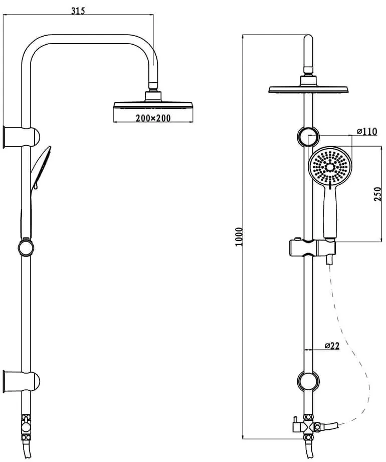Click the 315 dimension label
coord(78,11)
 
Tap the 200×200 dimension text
coord(153,118)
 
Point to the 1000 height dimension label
coord(239,237)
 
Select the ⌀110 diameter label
coord(366,132)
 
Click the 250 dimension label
coord(377,194)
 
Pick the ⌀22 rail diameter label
coord(332,345)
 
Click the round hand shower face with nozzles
coord(330,167)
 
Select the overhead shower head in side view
coord(153,105)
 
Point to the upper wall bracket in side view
coord(21,137)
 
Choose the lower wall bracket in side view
coord(21,382)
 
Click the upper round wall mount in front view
coord(308,137)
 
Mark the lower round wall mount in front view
coord(308,382)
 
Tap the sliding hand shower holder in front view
coord(312,248)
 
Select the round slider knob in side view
coord(26,248)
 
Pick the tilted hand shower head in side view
coord(41,167)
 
